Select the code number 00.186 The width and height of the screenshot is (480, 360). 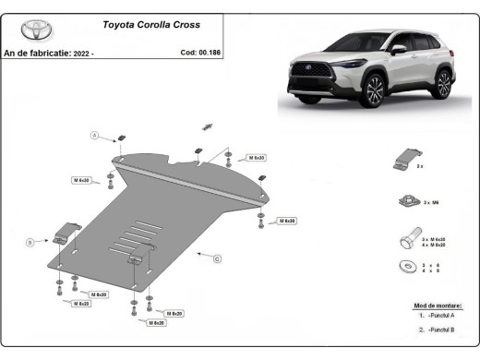(x=208, y=53)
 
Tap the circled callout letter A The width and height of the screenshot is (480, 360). (x=93, y=136)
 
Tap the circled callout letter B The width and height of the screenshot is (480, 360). (x=30, y=242)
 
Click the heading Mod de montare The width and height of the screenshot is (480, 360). (x=438, y=305)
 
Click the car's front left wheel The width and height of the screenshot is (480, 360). (x=374, y=92)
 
